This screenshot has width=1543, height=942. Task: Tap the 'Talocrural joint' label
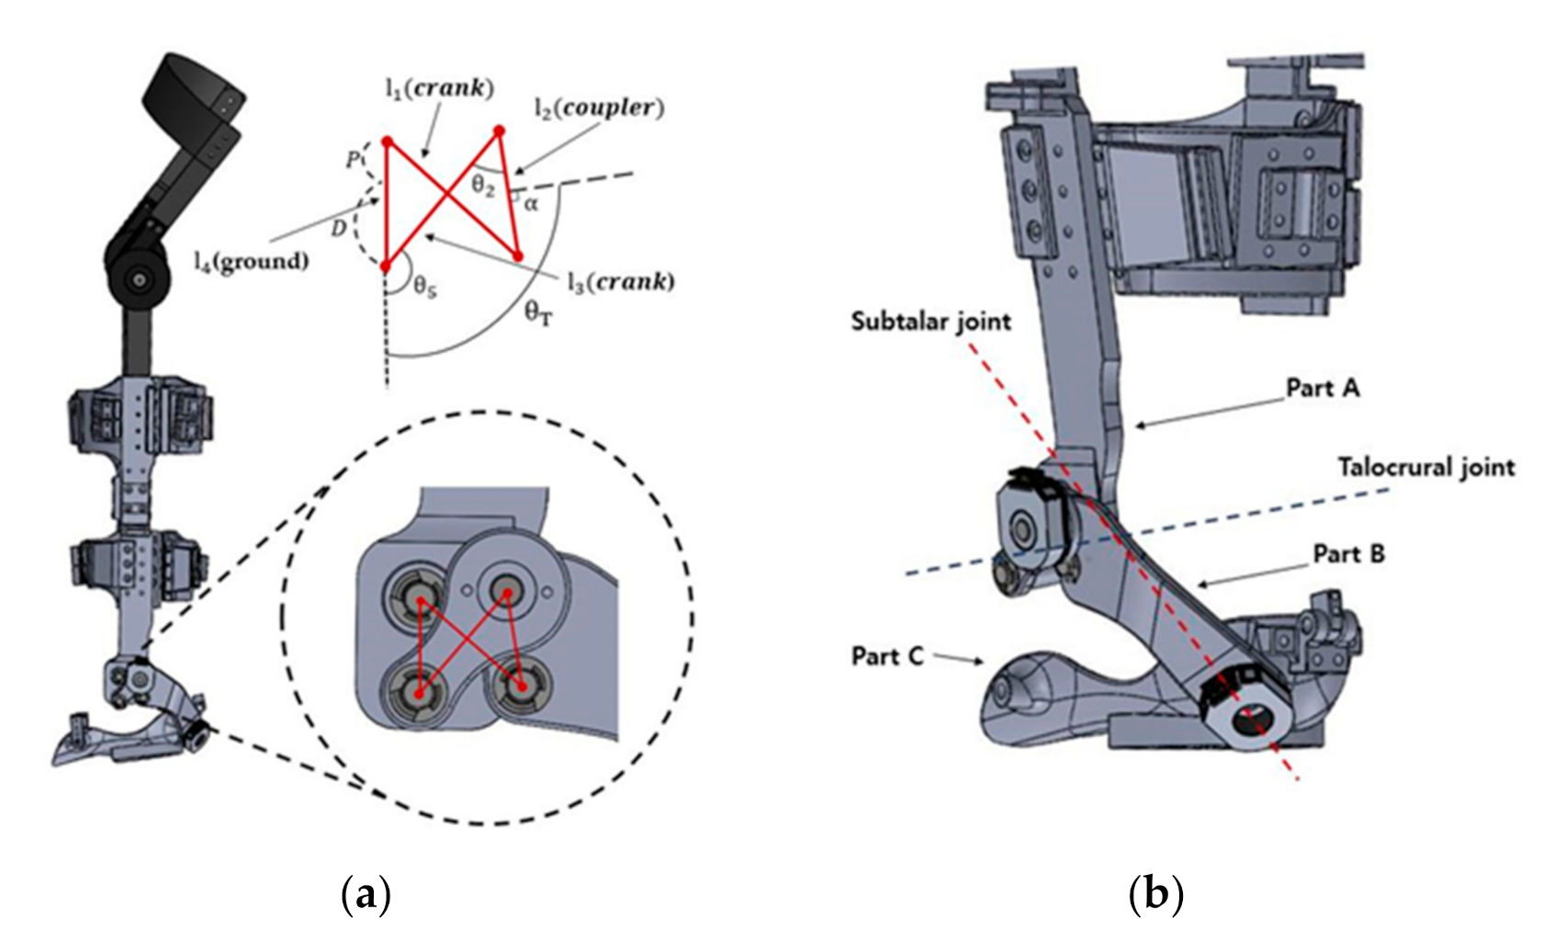click(x=1425, y=468)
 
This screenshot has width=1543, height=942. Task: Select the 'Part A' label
click(x=1323, y=388)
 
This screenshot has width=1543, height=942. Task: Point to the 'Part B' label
click(x=1348, y=554)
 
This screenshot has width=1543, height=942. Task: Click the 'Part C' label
click(x=886, y=656)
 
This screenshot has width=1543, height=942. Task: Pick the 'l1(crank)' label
click(x=439, y=88)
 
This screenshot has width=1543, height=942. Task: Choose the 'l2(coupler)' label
click(x=599, y=108)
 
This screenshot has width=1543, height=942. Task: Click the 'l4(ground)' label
click(x=250, y=261)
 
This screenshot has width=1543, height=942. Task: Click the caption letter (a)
click(x=366, y=893)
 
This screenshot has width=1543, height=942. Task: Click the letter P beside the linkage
click(x=352, y=160)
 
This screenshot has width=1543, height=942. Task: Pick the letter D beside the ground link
click(x=339, y=228)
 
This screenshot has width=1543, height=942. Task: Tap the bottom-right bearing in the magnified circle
click(x=520, y=686)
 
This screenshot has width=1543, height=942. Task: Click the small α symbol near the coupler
click(x=531, y=204)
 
